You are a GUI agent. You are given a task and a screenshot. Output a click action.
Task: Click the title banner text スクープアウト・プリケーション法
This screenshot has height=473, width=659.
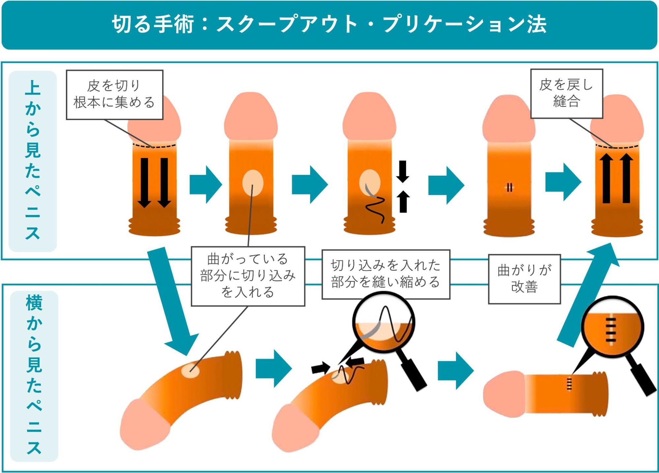330,24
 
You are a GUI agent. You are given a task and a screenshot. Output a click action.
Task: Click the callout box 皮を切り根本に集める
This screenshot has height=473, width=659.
114,95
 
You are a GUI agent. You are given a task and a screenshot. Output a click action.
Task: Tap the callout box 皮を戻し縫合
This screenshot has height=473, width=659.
566,94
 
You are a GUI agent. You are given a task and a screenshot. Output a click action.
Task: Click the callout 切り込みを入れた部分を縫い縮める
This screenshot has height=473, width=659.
386,274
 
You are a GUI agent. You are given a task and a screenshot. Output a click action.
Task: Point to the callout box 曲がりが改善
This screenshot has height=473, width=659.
524,279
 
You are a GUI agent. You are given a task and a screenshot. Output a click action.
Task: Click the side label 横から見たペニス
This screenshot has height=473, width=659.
34,376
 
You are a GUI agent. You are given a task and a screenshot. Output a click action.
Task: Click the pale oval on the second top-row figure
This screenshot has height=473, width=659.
253,183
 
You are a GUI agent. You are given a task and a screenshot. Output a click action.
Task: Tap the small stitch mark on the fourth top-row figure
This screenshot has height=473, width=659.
509,188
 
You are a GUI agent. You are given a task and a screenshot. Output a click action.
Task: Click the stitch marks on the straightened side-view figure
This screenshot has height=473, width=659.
569,384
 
